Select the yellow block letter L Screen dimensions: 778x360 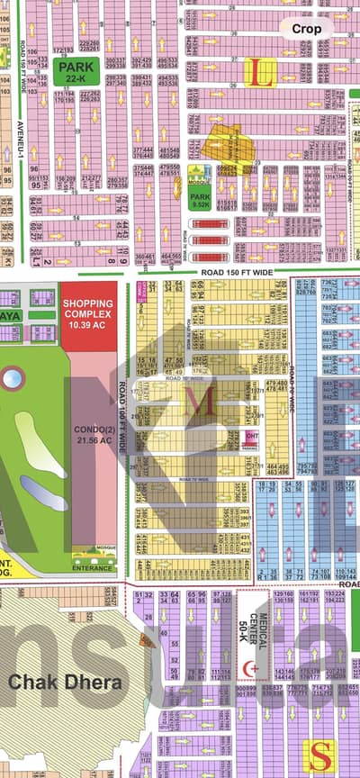point(262,72)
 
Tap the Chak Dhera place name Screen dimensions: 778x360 point(66,682)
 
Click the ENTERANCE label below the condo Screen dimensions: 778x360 point(93,567)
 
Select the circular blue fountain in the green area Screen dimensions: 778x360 point(12,378)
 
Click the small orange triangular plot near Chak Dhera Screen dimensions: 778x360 point(146,639)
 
